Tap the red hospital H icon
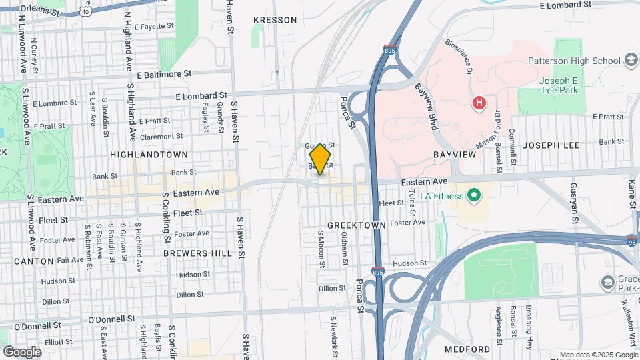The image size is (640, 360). (478, 103)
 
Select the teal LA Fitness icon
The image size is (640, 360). (474, 195)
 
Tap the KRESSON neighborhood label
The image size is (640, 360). (275, 20)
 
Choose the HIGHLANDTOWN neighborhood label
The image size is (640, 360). (149, 154)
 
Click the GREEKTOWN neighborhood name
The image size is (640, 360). (357, 225)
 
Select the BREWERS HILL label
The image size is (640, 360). (198, 253)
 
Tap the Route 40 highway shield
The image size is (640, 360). (85, 11)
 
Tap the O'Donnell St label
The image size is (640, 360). (37, 326)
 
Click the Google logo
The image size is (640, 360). (22, 351)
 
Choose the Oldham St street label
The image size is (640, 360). (345, 249)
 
